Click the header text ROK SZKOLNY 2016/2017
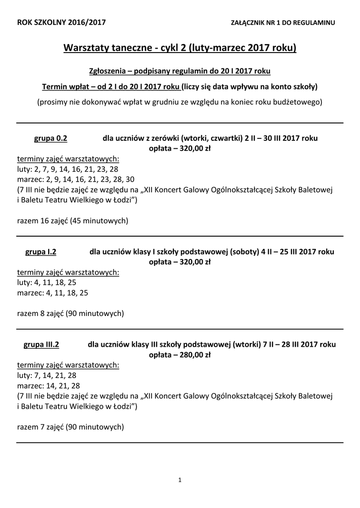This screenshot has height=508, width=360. pos(61,22)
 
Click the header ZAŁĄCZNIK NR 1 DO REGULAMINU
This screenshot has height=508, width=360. pos(283,23)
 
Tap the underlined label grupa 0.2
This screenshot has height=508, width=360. pos(50,138)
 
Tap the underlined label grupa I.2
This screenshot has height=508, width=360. pos(41,252)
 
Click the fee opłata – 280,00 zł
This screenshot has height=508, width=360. pos(180,355)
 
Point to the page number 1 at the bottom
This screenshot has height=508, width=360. pos(180,479)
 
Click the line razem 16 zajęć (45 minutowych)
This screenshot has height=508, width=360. pos(72,221)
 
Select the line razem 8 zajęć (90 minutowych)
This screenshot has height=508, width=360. pos(71,314)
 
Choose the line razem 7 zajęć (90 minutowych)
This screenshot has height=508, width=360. pos(71,426)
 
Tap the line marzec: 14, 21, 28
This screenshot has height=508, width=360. pos(48,385)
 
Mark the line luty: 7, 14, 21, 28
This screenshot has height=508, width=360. pos(47,375)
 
